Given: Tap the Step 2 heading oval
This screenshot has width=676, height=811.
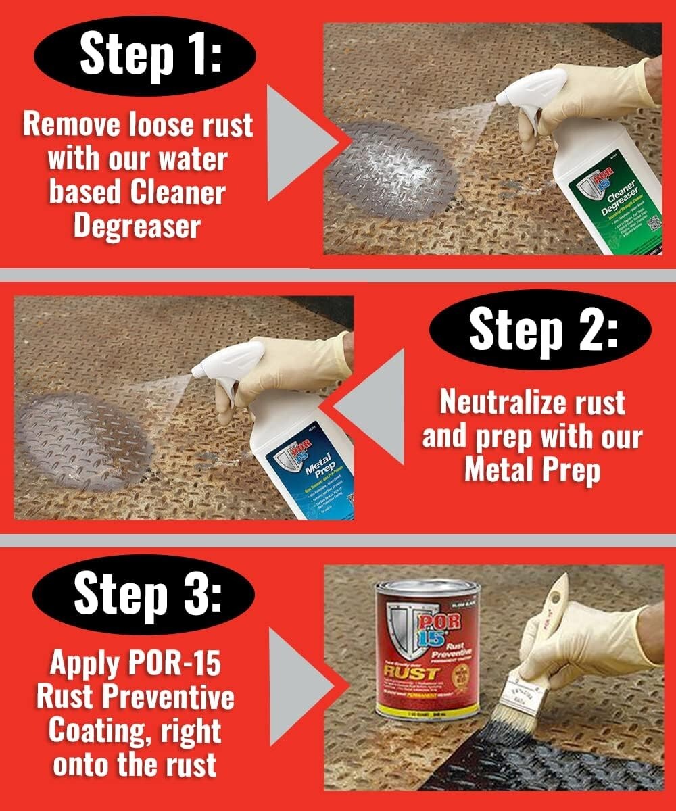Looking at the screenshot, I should pyautogui.click(x=540, y=329).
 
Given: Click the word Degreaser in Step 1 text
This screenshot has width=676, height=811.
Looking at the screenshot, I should pyautogui.click(x=137, y=224).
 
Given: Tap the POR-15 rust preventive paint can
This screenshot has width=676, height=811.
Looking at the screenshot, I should pyautogui.click(x=427, y=648).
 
